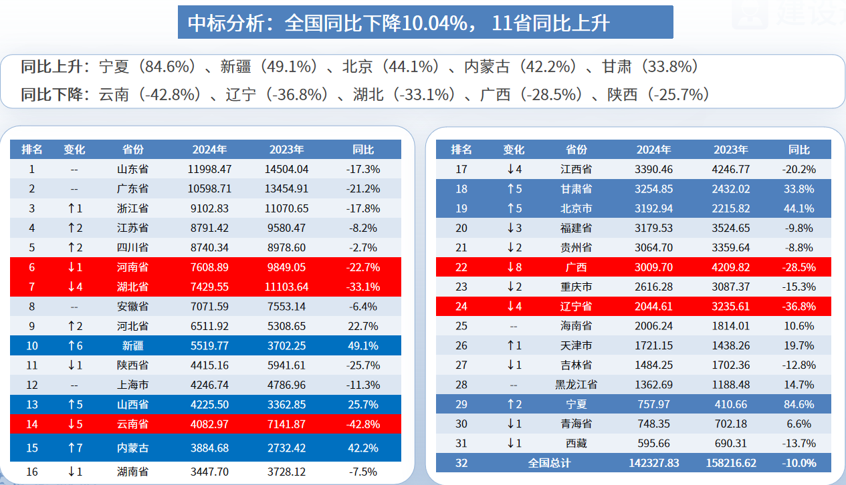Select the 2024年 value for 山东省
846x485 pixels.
209,169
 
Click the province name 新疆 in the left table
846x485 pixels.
133,345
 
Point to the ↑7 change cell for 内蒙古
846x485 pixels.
74,448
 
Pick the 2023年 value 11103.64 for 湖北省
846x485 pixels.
286,287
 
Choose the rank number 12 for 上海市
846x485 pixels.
31,385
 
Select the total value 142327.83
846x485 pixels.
653,462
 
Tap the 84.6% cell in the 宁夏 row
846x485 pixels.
799,404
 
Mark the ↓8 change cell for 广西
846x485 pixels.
514,267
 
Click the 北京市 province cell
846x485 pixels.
576,208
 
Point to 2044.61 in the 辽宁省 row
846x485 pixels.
653,307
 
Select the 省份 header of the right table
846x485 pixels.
576,150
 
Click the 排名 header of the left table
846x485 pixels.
31,150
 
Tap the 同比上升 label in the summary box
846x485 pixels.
54,67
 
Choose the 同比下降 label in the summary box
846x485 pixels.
54,94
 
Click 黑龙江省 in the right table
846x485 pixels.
576,385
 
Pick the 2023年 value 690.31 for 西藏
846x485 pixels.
730,443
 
